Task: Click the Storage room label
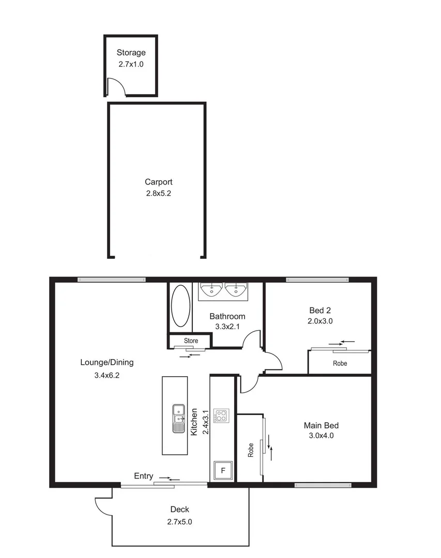tap(131, 52)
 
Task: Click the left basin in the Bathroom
tap(211, 290)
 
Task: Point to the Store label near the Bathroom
tap(191, 340)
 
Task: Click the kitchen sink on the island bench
tap(178, 418)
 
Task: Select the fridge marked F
tap(223, 471)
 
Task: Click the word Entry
tap(143, 476)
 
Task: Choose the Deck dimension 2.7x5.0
tap(179, 522)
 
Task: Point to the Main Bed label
tap(321, 426)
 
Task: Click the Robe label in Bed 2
tap(340, 363)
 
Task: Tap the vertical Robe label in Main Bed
tap(251, 451)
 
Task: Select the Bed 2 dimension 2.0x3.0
tap(320, 320)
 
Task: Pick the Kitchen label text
tap(194, 422)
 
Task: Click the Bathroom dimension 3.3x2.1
tap(227, 327)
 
